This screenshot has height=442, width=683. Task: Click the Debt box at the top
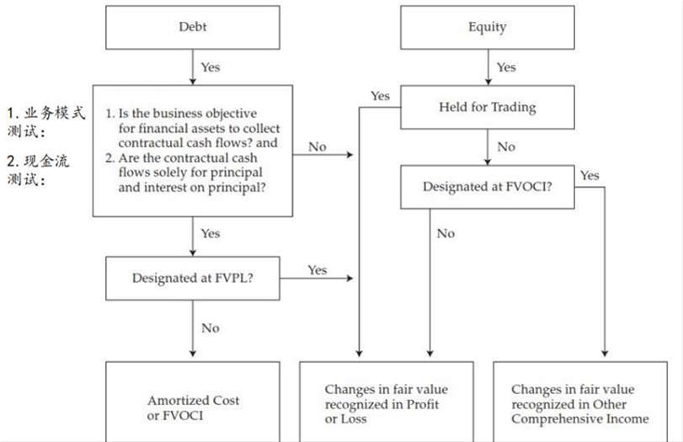[193, 27]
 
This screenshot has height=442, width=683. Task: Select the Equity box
[488, 27]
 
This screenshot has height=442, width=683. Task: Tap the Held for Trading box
[488, 107]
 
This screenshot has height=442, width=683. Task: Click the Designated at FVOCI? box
[488, 187]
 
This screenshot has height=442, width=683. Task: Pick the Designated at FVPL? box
[193, 279]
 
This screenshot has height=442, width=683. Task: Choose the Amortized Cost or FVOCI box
[193, 402]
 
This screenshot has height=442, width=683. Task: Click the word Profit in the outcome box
[423, 405]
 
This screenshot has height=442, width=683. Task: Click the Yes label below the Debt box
[211, 67]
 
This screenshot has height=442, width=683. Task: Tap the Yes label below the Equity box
[506, 67]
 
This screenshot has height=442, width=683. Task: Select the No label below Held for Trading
[506, 146]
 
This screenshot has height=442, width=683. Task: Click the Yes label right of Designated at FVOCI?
[590, 175]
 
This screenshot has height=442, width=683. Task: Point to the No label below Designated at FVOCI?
[446, 233]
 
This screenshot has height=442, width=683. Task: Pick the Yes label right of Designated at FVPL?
[317, 270]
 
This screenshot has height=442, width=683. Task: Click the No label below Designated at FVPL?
[211, 328]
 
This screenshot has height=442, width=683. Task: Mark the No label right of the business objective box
[317, 146]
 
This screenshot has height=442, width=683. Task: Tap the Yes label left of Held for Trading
[381, 96]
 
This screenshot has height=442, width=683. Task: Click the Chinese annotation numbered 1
[45, 121]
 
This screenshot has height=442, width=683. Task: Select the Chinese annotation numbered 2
[38, 170]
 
